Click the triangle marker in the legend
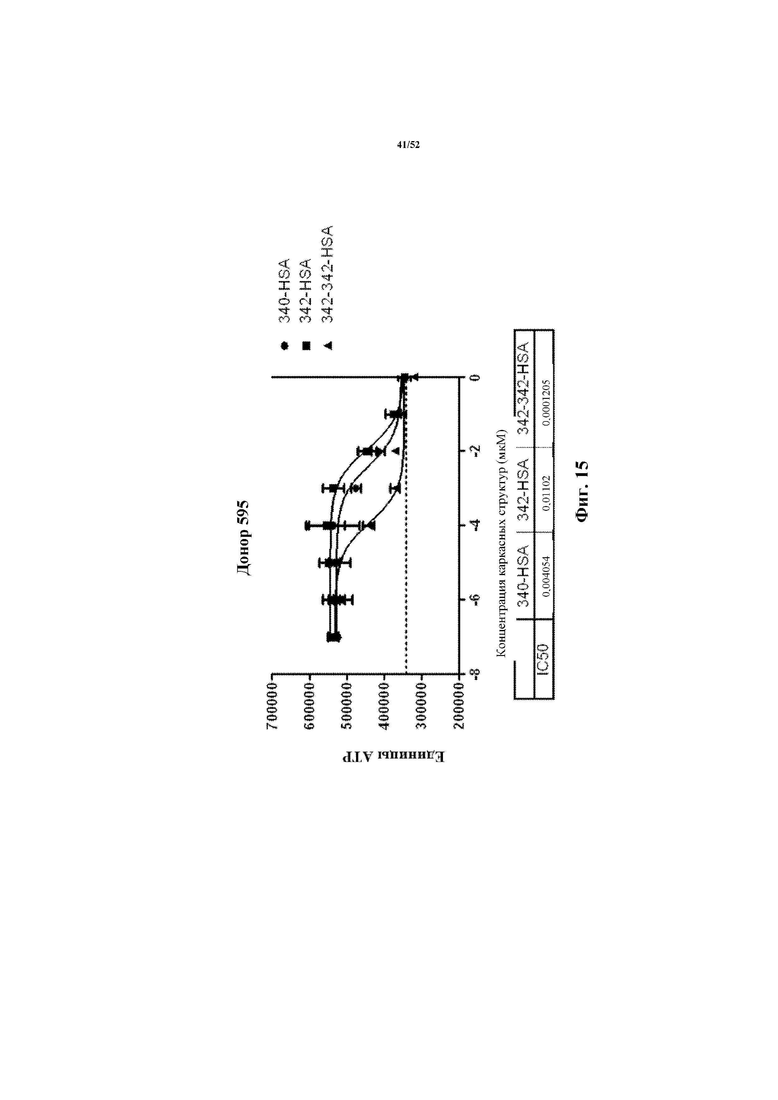[328, 345]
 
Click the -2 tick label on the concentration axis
[475, 451]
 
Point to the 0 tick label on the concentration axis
[475, 378]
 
